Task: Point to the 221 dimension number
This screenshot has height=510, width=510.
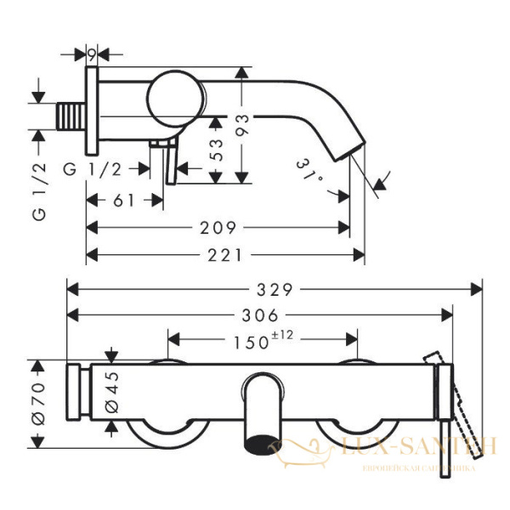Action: (x=228, y=255)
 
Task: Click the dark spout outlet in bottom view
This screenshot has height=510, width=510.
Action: (x=262, y=442)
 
